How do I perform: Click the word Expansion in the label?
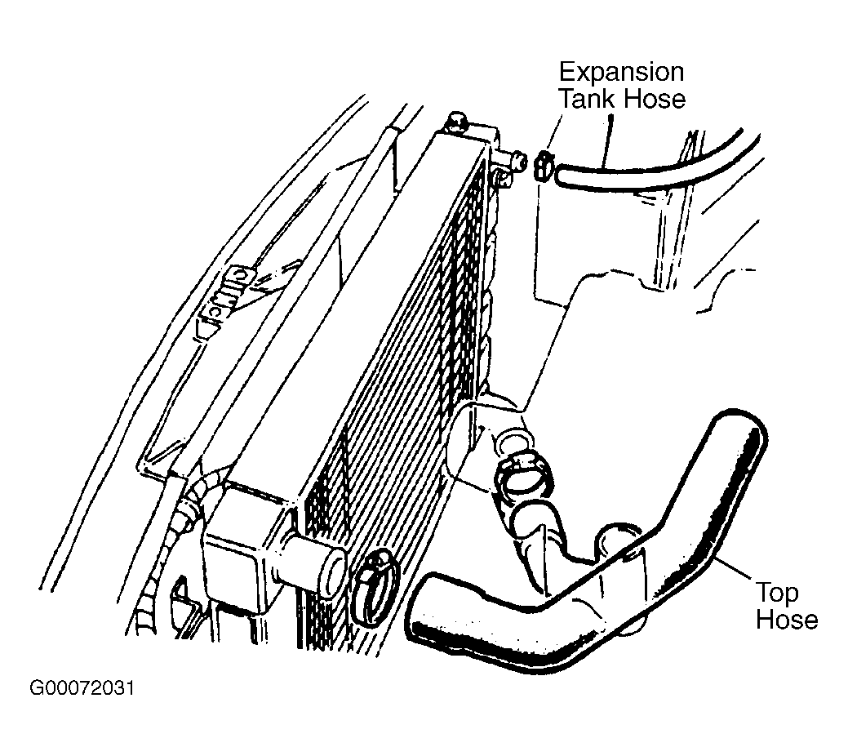tap(621, 73)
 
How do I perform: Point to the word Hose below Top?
tap(787, 619)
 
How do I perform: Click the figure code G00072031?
tap(82, 688)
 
